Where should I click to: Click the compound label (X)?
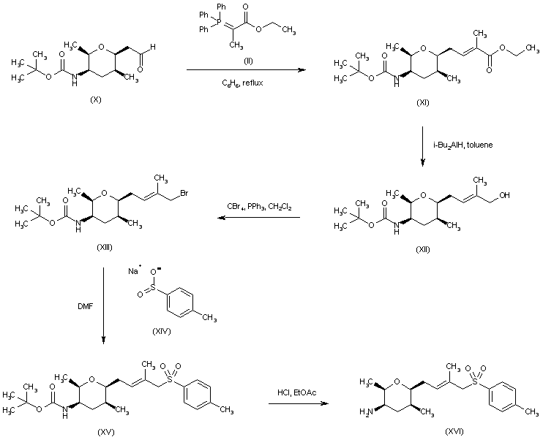click(x=96, y=99)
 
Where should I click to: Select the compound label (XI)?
click(x=423, y=102)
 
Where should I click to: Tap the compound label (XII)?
click(x=423, y=249)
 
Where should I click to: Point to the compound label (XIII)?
click(x=104, y=247)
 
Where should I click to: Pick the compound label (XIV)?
click(x=162, y=331)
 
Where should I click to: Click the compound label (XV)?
click(x=106, y=432)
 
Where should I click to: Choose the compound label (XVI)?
click(x=454, y=431)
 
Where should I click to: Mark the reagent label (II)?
click(x=248, y=61)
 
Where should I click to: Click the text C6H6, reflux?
click(x=242, y=83)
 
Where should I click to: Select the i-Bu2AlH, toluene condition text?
click(x=463, y=145)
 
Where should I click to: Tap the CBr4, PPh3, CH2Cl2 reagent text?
click(x=259, y=207)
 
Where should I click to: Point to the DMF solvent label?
click(x=85, y=306)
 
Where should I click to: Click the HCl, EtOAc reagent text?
click(x=297, y=392)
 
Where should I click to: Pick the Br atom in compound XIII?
click(x=184, y=193)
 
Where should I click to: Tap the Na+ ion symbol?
click(x=135, y=270)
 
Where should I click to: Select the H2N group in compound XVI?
click(x=367, y=411)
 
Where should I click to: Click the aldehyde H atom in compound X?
click(x=153, y=47)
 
